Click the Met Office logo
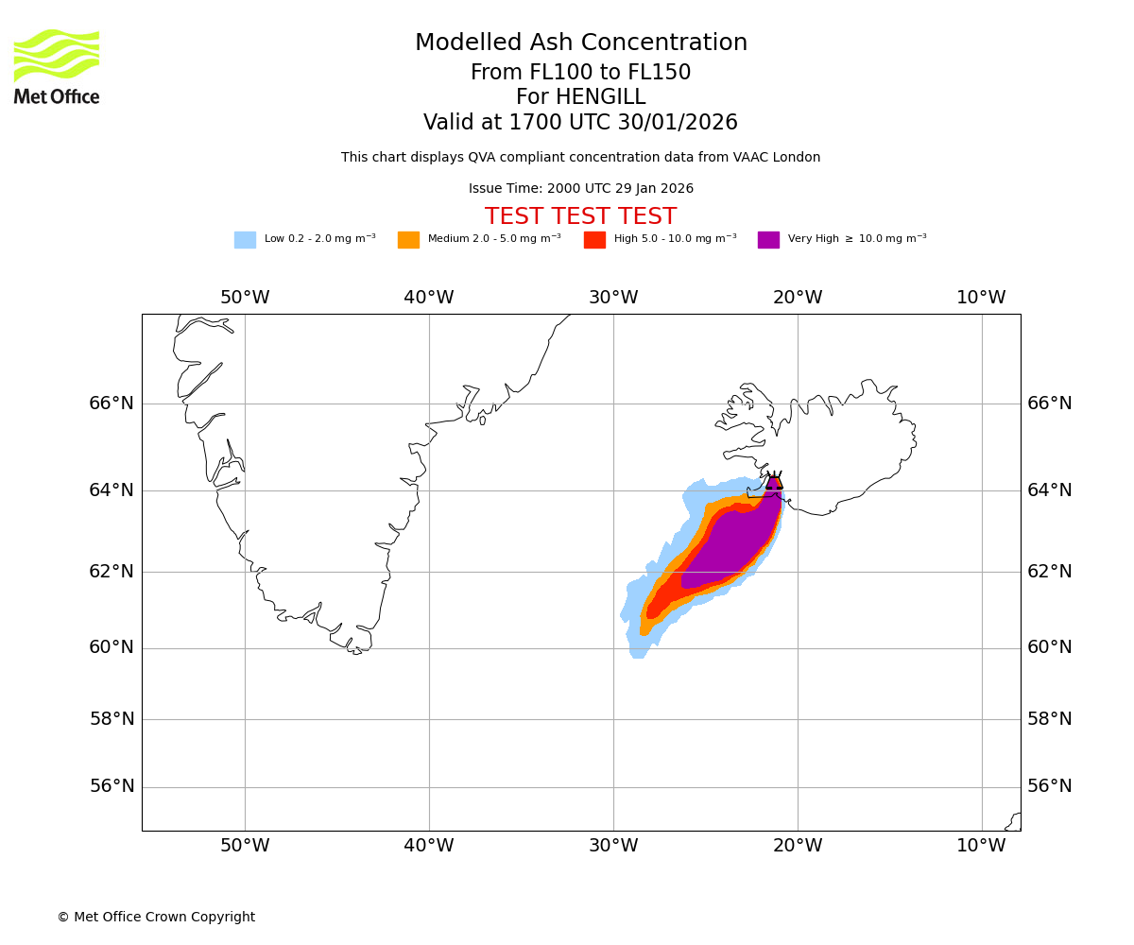pyautogui.click(x=57, y=66)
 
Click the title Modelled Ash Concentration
pyautogui.click(x=580, y=43)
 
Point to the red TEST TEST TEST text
pyautogui.click(x=580, y=216)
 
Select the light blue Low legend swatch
pyautogui.click(x=245, y=239)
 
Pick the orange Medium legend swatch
pyautogui.click(x=408, y=239)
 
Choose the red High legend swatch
pyautogui.click(x=594, y=239)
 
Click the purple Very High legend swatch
pyautogui.click(x=768, y=239)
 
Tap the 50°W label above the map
pyautogui.click(x=245, y=298)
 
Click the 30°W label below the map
pyautogui.click(x=613, y=846)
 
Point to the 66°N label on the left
pyautogui.click(x=112, y=404)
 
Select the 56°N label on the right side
pyautogui.click(x=1050, y=786)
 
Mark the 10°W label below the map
pyautogui.click(x=981, y=846)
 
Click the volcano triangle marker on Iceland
pyautogui.click(x=774, y=482)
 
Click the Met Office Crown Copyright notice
pyautogui.click(x=156, y=917)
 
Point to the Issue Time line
pyautogui.click(x=580, y=189)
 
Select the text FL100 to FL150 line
pyautogui.click(x=580, y=73)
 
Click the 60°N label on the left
pyautogui.click(x=112, y=647)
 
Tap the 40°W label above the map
pyautogui.click(x=429, y=298)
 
